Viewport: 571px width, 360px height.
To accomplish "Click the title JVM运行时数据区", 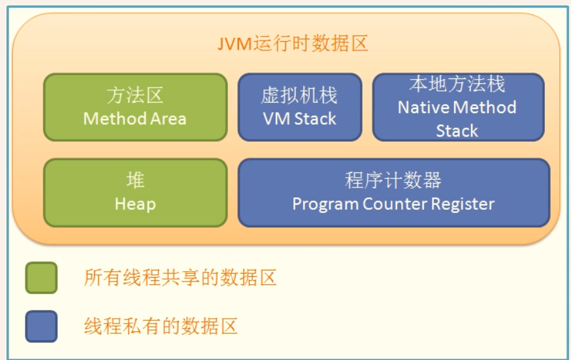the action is [x=293, y=44].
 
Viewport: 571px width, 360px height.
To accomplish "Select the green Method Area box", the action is [x=135, y=107].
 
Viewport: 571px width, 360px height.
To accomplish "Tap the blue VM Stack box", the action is [x=300, y=107].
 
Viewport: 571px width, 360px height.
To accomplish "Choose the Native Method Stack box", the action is [x=458, y=107].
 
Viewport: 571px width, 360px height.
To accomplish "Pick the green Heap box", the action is [x=135, y=193].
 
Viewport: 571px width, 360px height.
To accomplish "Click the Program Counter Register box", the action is [x=394, y=193].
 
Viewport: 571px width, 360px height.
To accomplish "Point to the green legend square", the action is [x=42, y=278].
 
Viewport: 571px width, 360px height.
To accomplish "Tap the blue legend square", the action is [x=42, y=326].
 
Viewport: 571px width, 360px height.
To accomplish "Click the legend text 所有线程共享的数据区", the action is [x=180, y=278].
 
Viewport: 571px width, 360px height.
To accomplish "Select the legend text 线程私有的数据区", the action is [x=161, y=326].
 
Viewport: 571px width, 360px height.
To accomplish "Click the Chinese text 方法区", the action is [x=135, y=95].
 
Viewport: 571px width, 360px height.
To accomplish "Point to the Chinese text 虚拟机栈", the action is [x=299, y=95].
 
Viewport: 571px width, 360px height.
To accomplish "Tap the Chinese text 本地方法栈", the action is [x=457, y=84].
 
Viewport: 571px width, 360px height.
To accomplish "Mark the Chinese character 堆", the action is [x=135, y=180].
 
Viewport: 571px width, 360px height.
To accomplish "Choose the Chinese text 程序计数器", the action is [x=393, y=180].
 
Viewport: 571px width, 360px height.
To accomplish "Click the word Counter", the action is [x=395, y=204].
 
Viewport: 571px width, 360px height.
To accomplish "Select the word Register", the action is [x=463, y=205].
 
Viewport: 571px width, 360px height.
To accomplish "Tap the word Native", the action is [x=423, y=107].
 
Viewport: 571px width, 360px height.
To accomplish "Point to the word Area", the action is [x=169, y=119].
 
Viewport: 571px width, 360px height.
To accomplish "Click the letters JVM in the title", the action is [x=235, y=44].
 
